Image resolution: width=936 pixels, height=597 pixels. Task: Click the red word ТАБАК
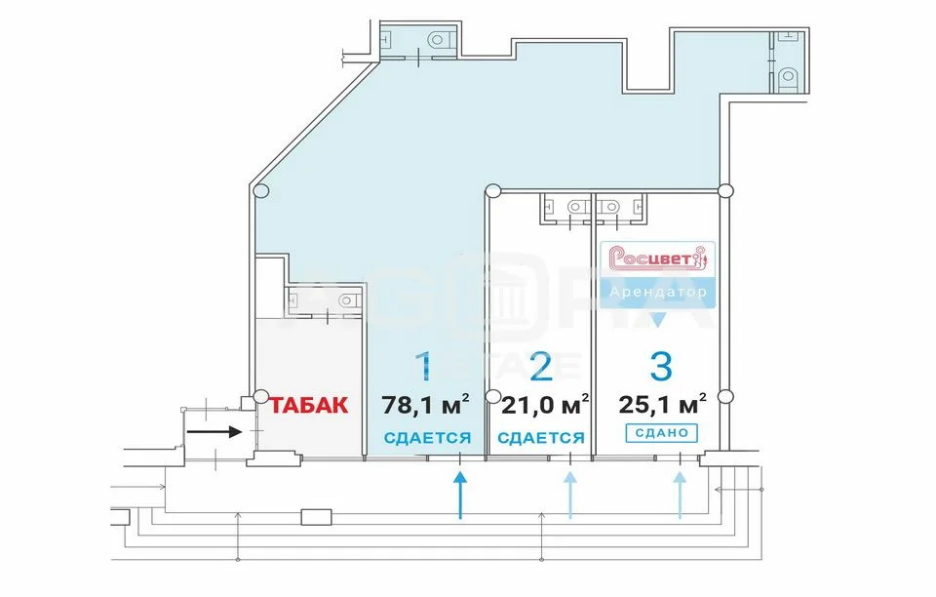309,406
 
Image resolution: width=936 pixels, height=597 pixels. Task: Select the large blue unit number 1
424,367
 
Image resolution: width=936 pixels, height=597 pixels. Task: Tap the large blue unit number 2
541,367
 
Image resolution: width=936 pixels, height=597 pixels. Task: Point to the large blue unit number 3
661,367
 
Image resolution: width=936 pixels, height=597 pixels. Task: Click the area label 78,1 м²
425,406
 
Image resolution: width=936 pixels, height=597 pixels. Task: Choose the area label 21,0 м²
545,406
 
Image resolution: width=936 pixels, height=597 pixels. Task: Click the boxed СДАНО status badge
661,433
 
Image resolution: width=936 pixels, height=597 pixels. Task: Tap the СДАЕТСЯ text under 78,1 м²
427,438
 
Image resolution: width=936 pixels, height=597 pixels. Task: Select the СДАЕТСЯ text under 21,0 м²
541,438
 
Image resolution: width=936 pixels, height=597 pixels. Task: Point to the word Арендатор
658,293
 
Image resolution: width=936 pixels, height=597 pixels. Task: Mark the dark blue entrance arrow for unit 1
459,495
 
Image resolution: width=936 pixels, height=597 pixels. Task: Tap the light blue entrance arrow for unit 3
680,495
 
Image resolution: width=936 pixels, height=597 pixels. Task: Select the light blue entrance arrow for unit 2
570,495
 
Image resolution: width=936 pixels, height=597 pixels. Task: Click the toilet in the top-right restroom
788,76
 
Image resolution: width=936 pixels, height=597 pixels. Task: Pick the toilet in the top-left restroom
438,39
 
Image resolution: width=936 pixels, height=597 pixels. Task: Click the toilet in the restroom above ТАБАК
347,299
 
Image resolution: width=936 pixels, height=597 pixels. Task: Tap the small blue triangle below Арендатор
657,321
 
